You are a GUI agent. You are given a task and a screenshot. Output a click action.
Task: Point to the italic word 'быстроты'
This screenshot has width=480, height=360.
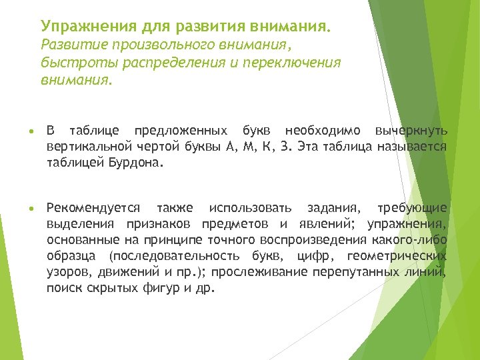[x=69, y=63]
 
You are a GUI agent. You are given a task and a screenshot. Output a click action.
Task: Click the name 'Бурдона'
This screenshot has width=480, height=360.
[x=133, y=162]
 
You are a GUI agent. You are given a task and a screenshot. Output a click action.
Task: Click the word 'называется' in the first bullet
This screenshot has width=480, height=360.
[x=411, y=146]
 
